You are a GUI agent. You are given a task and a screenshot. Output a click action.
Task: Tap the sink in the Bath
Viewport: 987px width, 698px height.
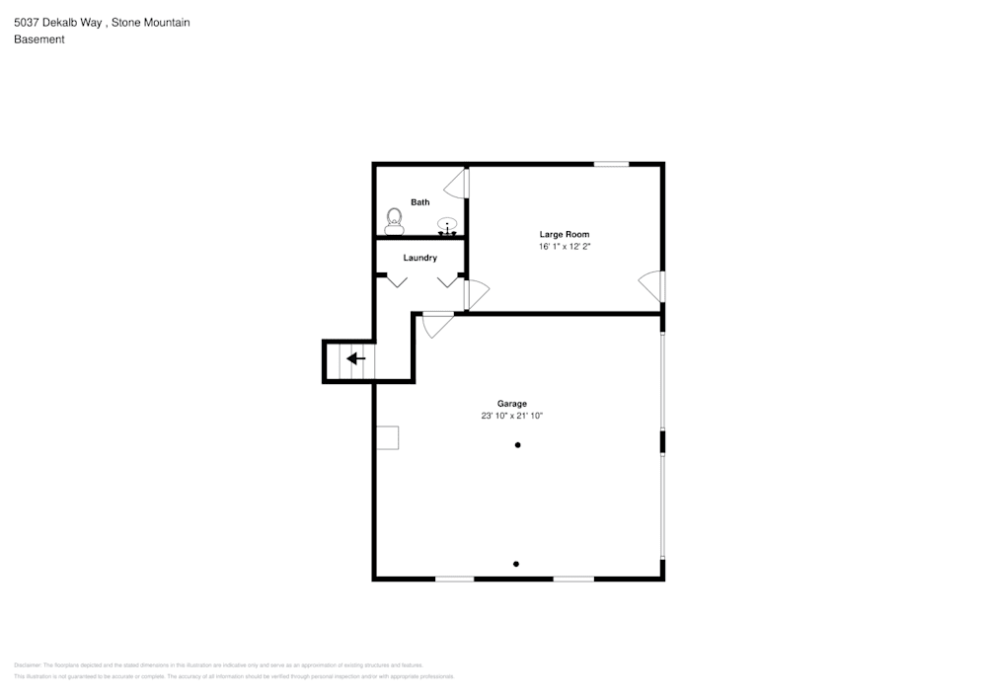click(448, 226)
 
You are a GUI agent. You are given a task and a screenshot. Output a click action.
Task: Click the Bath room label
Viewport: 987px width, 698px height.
click(420, 202)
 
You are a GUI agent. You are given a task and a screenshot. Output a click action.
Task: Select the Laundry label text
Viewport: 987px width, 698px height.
click(419, 258)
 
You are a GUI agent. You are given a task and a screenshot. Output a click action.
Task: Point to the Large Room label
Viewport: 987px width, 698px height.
click(564, 234)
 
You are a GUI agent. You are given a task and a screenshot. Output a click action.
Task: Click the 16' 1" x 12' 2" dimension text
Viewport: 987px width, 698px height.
click(564, 247)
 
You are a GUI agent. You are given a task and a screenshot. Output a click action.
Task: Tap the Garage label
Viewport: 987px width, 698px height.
click(511, 404)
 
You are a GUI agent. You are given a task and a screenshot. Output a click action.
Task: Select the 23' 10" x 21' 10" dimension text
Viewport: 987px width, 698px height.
click(511, 417)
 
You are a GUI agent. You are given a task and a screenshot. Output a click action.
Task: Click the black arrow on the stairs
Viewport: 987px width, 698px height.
click(355, 358)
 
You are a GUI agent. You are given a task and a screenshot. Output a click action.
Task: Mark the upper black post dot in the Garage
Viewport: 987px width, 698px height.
click(517, 445)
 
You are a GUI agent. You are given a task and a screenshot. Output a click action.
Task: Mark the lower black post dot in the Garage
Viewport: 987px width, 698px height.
click(516, 564)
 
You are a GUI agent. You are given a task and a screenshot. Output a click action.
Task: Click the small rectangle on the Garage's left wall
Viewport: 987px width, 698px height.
click(387, 437)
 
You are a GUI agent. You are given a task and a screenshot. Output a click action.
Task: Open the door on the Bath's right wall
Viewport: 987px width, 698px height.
click(457, 185)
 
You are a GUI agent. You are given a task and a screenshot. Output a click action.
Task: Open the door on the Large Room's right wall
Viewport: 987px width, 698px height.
click(652, 286)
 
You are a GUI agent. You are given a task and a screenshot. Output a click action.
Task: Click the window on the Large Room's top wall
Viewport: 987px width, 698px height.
click(611, 164)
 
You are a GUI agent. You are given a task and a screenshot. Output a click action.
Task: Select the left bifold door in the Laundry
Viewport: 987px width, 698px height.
click(397, 281)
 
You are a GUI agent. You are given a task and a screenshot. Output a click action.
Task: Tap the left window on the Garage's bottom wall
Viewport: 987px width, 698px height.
click(455, 579)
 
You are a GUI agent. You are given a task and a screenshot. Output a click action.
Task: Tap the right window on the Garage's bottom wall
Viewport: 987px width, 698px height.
click(572, 579)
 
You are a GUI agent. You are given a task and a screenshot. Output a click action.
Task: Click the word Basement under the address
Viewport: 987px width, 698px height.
click(39, 39)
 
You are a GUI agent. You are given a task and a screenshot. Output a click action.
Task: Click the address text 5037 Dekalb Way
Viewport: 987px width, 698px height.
click(57, 22)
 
